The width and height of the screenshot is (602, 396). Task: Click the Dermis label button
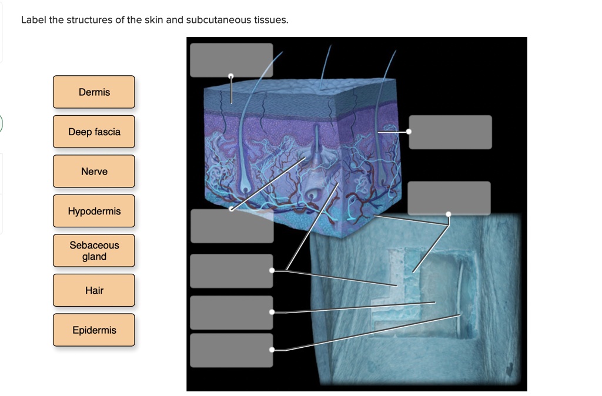pyautogui.click(x=94, y=92)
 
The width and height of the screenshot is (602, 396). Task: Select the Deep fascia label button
pyautogui.click(x=94, y=132)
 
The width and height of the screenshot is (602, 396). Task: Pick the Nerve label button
pyautogui.click(x=94, y=172)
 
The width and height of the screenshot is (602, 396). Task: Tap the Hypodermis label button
pyautogui.click(x=94, y=211)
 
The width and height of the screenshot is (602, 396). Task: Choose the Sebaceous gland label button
pyautogui.click(x=94, y=251)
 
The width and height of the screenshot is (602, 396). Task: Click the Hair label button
pyautogui.click(x=94, y=290)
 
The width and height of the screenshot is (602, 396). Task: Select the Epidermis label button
pyautogui.click(x=94, y=330)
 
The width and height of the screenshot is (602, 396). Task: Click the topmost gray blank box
pyautogui.click(x=231, y=59)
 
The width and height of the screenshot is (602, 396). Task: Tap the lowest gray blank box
pyautogui.click(x=232, y=350)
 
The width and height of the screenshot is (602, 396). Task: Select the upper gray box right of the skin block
pyautogui.click(x=450, y=132)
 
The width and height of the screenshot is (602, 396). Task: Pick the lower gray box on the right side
pyautogui.click(x=449, y=197)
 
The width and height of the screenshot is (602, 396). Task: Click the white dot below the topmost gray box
pyautogui.click(x=231, y=76)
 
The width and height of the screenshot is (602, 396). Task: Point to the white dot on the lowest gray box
pyautogui.click(x=272, y=350)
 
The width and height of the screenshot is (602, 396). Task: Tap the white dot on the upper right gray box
pyautogui.click(x=409, y=131)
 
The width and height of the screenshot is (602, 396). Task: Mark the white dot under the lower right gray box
pyautogui.click(x=449, y=214)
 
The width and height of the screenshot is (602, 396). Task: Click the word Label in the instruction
pyautogui.click(x=33, y=20)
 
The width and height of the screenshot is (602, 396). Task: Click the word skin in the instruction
pyautogui.click(x=155, y=20)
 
